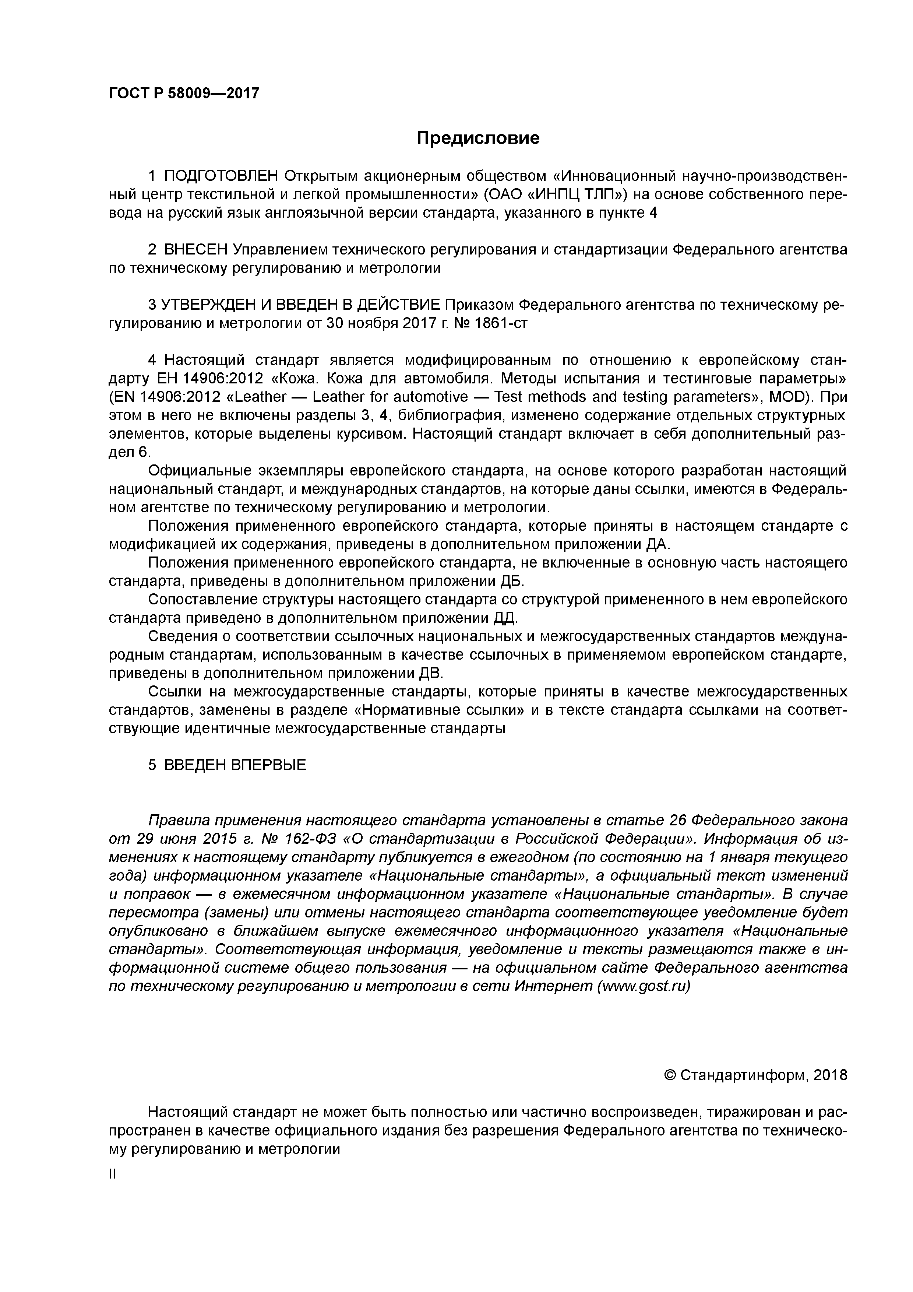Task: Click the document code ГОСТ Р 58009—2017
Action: pyautogui.click(x=184, y=93)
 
